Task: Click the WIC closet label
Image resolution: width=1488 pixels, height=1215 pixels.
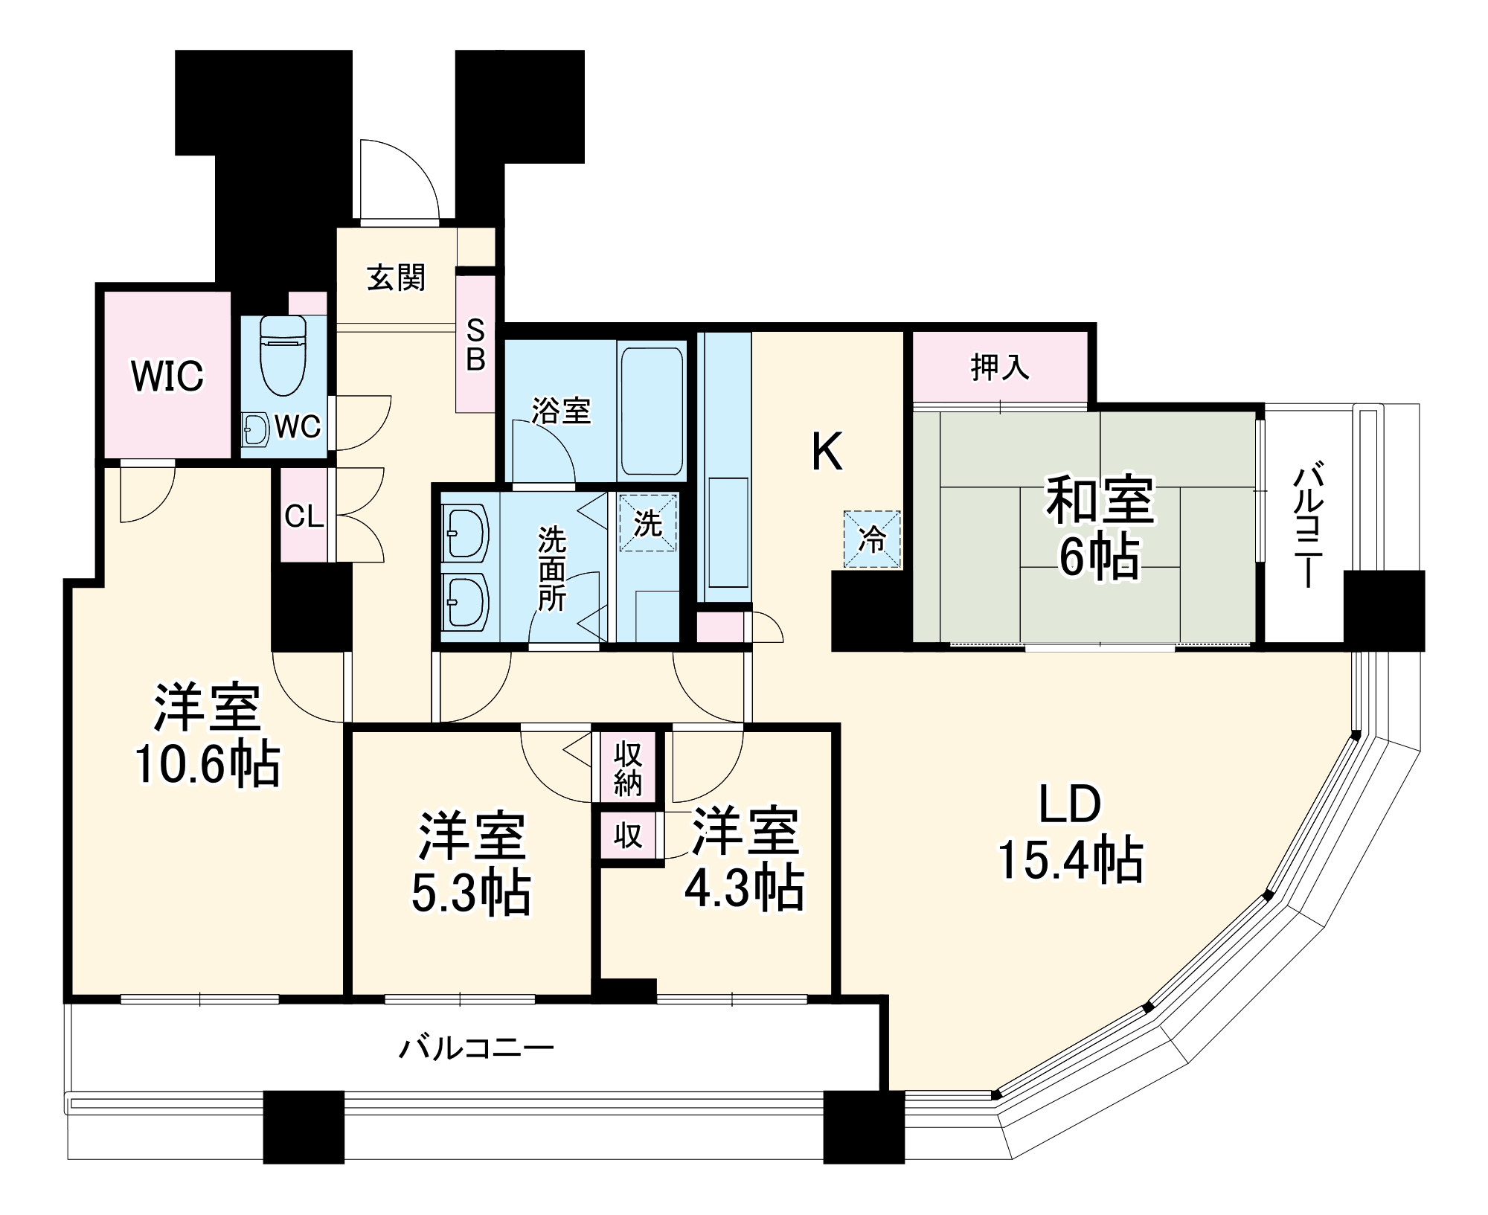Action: pyautogui.click(x=167, y=376)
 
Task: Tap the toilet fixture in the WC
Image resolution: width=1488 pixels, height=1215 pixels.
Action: pyautogui.click(x=283, y=356)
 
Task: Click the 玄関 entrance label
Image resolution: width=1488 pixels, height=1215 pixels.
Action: pyautogui.click(x=396, y=278)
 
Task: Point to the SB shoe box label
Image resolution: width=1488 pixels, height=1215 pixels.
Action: pyautogui.click(x=475, y=344)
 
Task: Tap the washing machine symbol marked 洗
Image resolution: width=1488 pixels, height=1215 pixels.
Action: pyautogui.click(x=647, y=523)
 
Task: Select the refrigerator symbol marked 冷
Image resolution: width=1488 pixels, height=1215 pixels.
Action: pyautogui.click(x=871, y=539)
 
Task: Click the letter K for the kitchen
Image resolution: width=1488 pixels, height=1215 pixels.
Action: pyautogui.click(x=827, y=452)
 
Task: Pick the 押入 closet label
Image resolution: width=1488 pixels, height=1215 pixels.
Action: pyautogui.click(x=1000, y=368)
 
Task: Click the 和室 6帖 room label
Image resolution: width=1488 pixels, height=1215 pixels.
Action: pyautogui.click(x=1100, y=527)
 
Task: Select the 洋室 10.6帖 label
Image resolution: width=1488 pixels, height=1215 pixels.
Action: pyautogui.click(x=208, y=736)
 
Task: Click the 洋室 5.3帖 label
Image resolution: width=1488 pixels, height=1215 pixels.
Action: pyautogui.click(x=472, y=863)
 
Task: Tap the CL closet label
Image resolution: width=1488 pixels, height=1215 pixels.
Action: pyautogui.click(x=304, y=516)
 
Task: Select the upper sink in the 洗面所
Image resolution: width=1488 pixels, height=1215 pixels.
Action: pyautogui.click(x=464, y=531)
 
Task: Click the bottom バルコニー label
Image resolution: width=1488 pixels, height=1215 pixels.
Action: pyautogui.click(x=476, y=1049)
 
